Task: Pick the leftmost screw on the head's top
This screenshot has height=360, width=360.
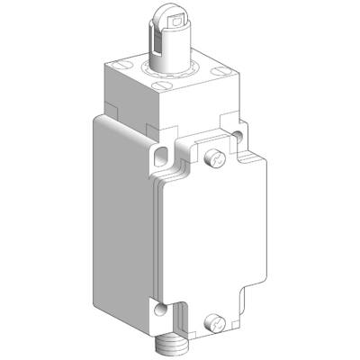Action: point(113,65)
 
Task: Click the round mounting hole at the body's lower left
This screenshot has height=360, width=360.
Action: point(160,310)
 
